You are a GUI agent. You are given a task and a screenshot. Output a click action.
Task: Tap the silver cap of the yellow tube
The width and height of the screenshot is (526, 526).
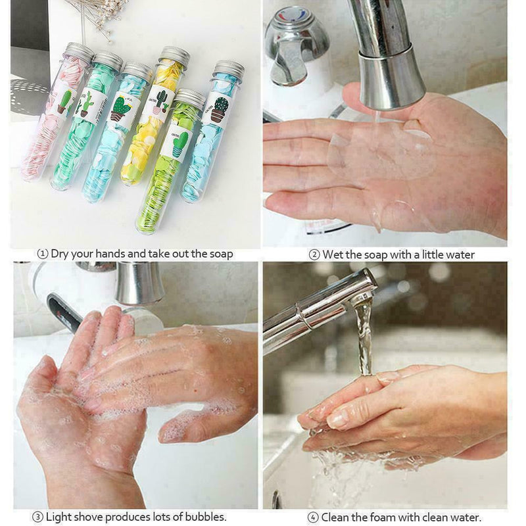[175, 57]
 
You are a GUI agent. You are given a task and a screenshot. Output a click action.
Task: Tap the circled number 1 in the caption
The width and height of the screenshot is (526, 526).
[43, 254]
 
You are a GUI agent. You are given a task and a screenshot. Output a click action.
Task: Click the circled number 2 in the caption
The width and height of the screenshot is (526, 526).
[315, 254]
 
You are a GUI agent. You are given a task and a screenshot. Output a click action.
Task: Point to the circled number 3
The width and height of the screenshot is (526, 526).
[37, 517]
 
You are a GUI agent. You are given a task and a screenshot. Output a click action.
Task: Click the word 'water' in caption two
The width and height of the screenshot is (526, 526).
[460, 254]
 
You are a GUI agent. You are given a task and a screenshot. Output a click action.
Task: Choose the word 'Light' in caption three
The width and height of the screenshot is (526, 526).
[60, 517]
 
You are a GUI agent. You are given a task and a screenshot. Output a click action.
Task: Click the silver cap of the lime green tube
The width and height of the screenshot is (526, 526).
[189, 98]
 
